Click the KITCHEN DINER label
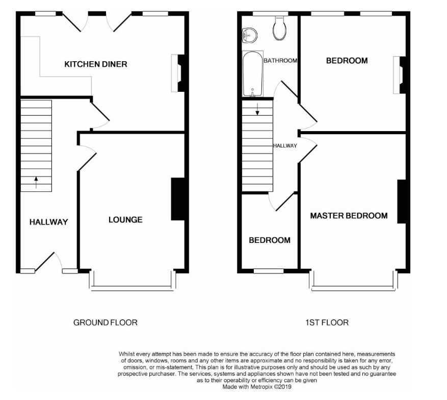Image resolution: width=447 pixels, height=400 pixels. click(x=96, y=64)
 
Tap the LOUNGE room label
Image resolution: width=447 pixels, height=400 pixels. click(x=125, y=220)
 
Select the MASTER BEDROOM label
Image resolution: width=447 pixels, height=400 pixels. click(x=349, y=216)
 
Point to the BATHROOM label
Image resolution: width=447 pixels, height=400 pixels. click(x=280, y=61)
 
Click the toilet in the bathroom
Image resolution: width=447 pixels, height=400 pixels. click(x=279, y=28)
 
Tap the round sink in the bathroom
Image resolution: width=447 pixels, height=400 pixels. click(x=249, y=35)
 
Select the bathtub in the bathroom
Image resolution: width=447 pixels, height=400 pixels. click(x=253, y=74)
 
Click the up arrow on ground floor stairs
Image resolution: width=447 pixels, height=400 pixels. click(x=36, y=182)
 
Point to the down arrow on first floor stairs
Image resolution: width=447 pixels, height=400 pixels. click(x=257, y=109)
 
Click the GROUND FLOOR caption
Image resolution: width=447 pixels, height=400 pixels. click(x=106, y=322)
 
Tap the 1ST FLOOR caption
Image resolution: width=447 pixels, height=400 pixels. click(x=327, y=322)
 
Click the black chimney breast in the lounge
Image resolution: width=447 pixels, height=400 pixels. click(x=178, y=199)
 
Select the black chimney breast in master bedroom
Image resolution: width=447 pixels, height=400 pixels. click(x=402, y=202)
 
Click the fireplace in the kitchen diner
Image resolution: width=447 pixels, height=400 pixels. click(x=178, y=73)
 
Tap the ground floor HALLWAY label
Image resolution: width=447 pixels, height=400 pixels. click(x=49, y=222)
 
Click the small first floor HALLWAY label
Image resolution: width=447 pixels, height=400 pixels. click(x=285, y=146)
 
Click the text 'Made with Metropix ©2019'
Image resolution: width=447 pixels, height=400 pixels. click(x=257, y=387)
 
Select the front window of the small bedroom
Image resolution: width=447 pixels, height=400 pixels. click(x=269, y=271)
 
